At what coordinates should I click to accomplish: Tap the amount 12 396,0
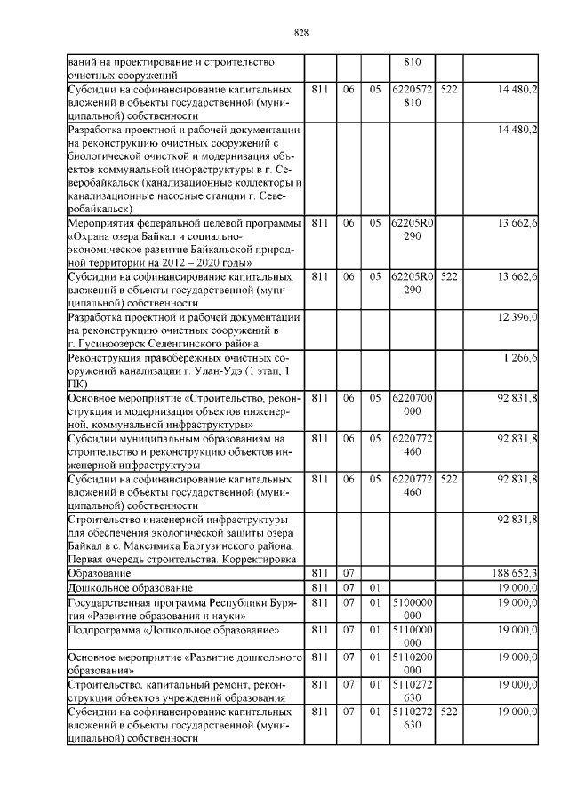click(x=517, y=317)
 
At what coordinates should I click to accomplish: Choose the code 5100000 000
click(x=413, y=609)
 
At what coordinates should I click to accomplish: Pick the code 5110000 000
click(x=413, y=636)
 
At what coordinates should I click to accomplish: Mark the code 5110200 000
click(x=413, y=664)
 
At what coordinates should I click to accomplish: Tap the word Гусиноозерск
click(x=110, y=344)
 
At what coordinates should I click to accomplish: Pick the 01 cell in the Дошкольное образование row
click(x=375, y=588)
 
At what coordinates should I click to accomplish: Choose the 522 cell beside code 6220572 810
click(x=449, y=91)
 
